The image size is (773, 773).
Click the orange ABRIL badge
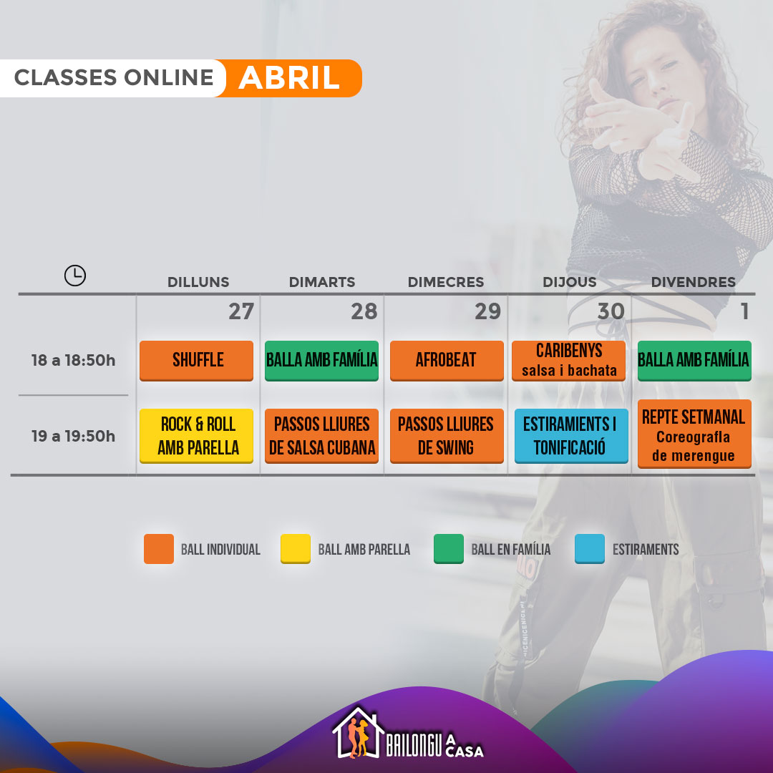click(289, 78)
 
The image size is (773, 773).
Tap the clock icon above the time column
click(75, 275)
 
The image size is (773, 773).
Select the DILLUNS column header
click(198, 282)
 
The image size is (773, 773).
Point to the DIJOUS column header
click(570, 282)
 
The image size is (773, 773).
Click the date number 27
click(241, 311)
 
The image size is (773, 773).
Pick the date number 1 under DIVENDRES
click(744, 311)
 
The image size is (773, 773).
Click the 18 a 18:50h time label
click(74, 360)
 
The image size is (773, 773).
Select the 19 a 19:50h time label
click(74, 436)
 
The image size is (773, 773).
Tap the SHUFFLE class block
click(196, 360)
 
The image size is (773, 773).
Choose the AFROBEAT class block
click(447, 360)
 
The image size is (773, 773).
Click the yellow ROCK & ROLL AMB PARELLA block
click(196, 436)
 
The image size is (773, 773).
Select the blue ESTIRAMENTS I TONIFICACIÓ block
click(571, 436)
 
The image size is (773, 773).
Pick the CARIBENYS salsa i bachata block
click(568, 360)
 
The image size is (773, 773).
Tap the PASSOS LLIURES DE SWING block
click(447, 436)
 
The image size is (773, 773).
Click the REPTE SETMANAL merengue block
click(694, 434)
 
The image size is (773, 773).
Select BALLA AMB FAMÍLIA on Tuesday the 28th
click(321, 360)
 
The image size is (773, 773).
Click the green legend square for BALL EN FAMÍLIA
click(449, 549)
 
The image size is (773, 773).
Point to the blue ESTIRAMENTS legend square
click(590, 549)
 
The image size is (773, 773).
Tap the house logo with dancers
click(358, 733)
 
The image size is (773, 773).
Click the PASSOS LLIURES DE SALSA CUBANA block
click(321, 436)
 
